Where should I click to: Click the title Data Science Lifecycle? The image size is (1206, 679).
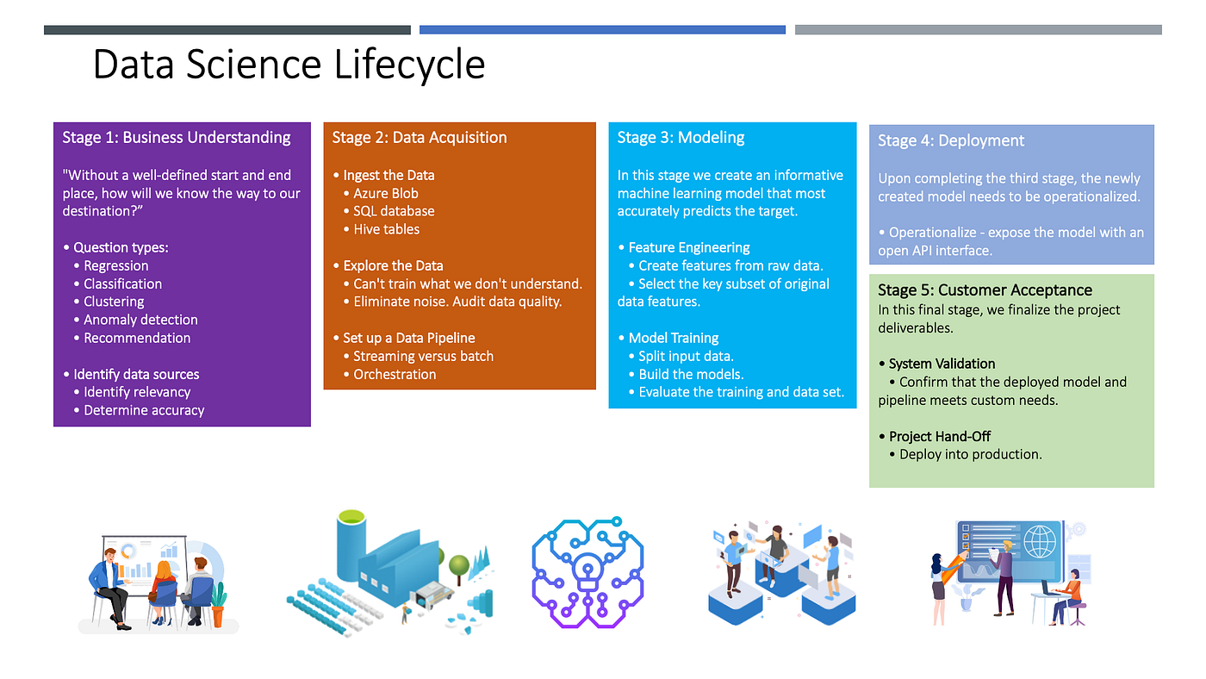(289, 65)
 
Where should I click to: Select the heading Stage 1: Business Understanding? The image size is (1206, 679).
(177, 137)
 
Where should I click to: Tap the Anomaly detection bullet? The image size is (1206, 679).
(140, 320)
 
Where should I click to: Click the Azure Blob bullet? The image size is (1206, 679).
(386, 193)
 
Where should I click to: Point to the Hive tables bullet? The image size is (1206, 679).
(387, 229)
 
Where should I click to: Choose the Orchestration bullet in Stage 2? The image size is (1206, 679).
(395, 374)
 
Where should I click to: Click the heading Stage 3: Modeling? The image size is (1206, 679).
(681, 137)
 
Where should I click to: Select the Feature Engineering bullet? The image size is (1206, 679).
(689, 247)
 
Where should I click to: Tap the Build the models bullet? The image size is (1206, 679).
(691, 374)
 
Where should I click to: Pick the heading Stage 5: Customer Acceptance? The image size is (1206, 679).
(985, 290)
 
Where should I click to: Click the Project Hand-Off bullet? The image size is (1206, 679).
(940, 436)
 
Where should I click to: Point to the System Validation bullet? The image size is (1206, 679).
(942, 364)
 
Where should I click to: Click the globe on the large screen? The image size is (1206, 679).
(1040, 545)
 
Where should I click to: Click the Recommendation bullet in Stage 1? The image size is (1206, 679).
(137, 338)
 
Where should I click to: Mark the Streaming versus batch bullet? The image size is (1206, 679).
(423, 356)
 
